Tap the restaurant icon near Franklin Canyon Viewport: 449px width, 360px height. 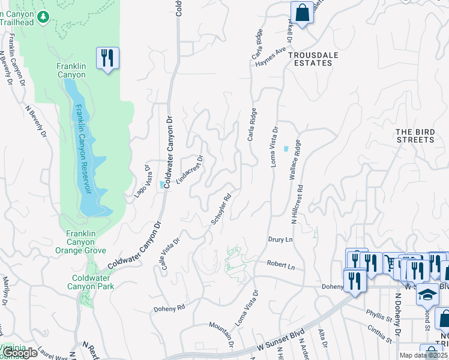(x=107, y=58)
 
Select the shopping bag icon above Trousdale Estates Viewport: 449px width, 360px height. (x=302, y=13)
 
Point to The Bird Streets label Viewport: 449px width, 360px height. (x=415, y=136)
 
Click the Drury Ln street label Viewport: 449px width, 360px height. (x=280, y=239)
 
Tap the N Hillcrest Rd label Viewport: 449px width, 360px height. (x=298, y=204)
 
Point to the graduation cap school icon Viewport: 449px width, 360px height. (x=427, y=295)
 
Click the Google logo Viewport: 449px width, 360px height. (x=20, y=353)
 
